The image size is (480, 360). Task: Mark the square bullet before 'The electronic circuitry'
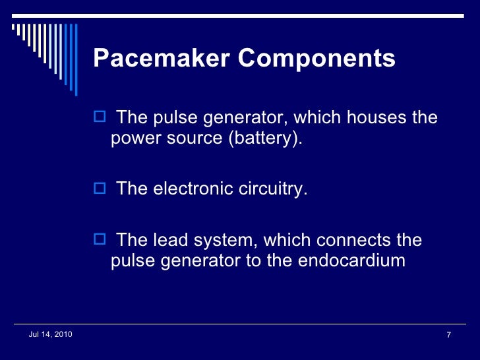(100, 189)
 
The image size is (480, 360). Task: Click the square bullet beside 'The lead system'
(100, 239)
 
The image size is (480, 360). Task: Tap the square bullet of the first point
(100, 118)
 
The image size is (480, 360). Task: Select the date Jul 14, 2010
(51, 336)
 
